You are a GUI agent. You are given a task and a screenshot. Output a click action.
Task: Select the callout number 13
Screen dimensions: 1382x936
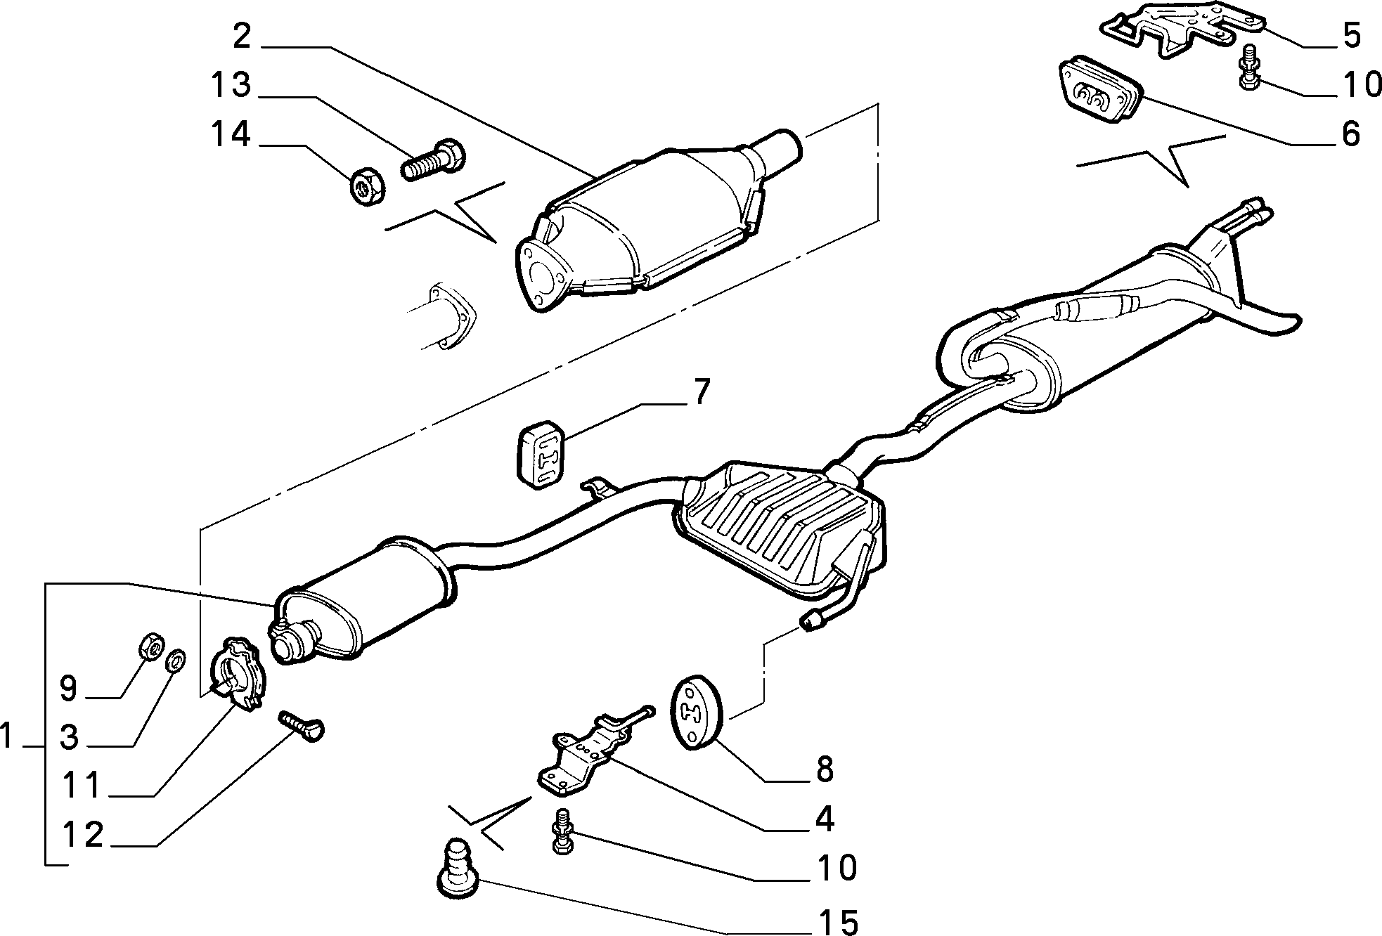click(x=230, y=86)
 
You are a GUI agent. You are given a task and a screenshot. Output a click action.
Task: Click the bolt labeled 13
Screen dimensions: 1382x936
click(x=433, y=160)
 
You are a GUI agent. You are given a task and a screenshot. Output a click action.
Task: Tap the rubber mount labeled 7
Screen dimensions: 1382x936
click(x=543, y=453)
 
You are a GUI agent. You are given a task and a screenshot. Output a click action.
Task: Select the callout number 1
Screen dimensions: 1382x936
click(x=7, y=738)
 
